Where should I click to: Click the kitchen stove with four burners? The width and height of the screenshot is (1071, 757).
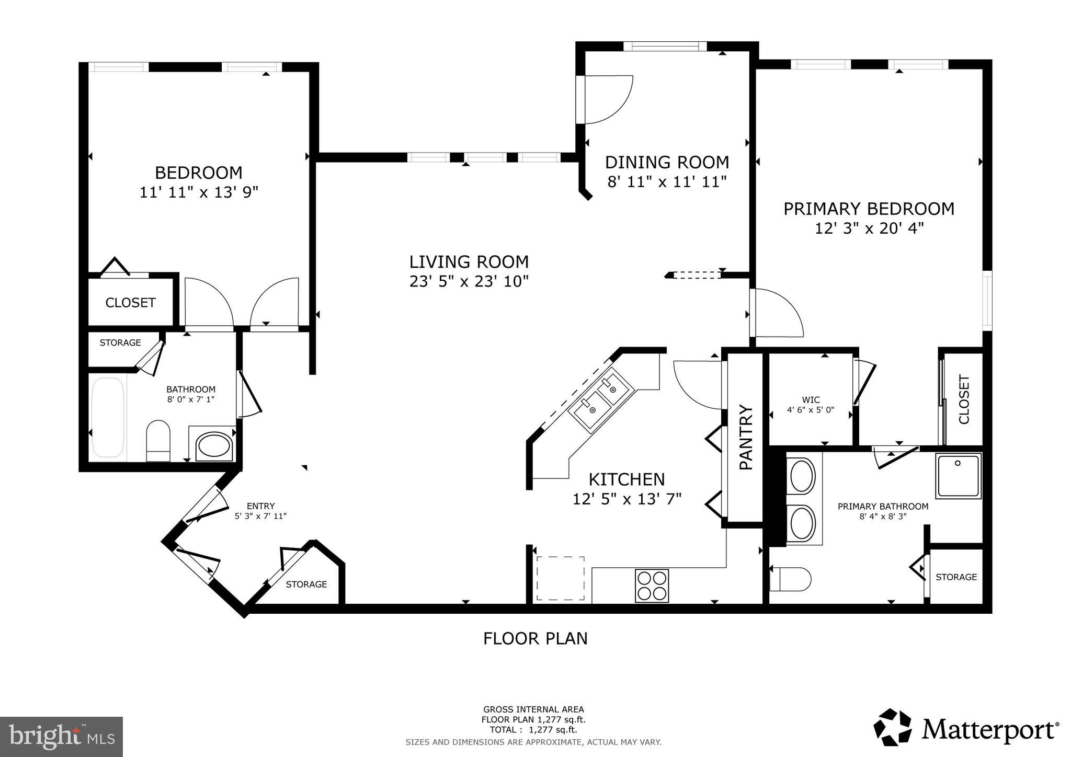coord(652,585)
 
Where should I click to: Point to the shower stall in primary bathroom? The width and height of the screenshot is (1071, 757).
coord(958,476)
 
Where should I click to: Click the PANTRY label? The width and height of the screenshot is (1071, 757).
coord(745,437)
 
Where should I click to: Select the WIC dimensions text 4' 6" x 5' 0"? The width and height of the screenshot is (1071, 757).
coord(810,410)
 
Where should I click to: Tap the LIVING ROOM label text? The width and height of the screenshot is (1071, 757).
coord(469,261)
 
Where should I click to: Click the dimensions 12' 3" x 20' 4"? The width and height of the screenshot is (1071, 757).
coord(869,228)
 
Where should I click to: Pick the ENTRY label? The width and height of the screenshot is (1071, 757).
coord(260,506)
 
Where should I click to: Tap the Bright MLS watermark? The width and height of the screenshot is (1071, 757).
coord(61,737)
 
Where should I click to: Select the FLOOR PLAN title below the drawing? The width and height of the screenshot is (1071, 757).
coord(535,638)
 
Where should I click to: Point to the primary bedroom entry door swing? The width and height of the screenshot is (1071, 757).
coord(776,313)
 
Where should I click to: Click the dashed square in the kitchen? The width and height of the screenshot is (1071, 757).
coord(560,578)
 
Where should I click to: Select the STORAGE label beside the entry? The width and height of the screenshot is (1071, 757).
coord(306,584)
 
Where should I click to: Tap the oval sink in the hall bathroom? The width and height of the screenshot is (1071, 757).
coord(212,446)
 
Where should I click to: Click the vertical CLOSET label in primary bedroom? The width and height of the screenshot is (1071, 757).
coord(964,399)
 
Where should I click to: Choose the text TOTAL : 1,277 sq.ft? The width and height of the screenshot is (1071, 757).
coord(533,729)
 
